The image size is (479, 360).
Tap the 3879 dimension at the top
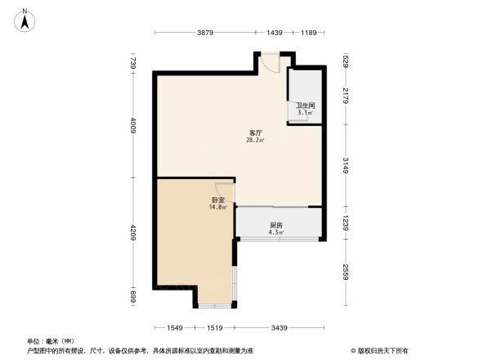click(x=205, y=33)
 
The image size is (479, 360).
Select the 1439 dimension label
click(x=274, y=33)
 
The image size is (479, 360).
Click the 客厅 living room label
click(x=255, y=133)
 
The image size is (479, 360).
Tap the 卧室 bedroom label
click(x=217, y=200)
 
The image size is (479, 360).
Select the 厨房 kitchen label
click(x=276, y=225)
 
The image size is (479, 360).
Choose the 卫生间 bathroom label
click(x=306, y=106)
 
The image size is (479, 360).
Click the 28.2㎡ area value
click(x=255, y=140)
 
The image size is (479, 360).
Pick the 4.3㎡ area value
click(x=276, y=232)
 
